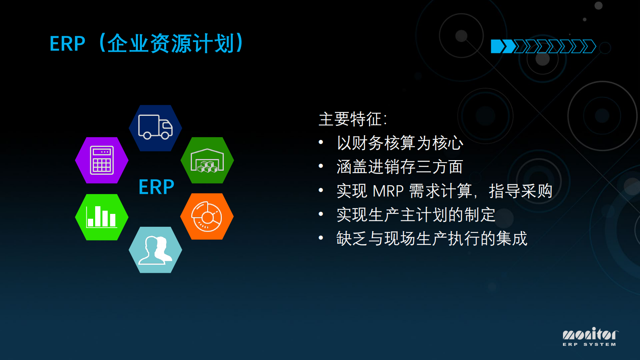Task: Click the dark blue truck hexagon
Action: coord(155,128)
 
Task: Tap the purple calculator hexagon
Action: coord(102,160)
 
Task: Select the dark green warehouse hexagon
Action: coord(207,160)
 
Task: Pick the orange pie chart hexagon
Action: coord(207,217)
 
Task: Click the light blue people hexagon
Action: coord(155,250)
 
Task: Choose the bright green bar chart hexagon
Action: coord(102,217)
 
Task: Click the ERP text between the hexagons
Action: coord(156,187)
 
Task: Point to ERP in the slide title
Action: coord(67,44)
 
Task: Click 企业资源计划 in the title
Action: coord(171,44)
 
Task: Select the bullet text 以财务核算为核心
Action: coord(400,143)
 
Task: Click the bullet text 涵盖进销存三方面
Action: coord(400,167)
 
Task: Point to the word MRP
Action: coord(388,191)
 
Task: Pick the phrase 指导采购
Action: coord(520,191)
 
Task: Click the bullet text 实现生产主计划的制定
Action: coord(416,215)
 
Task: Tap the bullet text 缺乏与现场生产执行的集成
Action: coord(432,239)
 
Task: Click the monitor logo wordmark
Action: coord(590,334)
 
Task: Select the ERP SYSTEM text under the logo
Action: coord(589,344)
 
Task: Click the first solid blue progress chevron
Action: coord(497,46)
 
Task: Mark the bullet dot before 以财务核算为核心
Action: coord(321,142)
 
